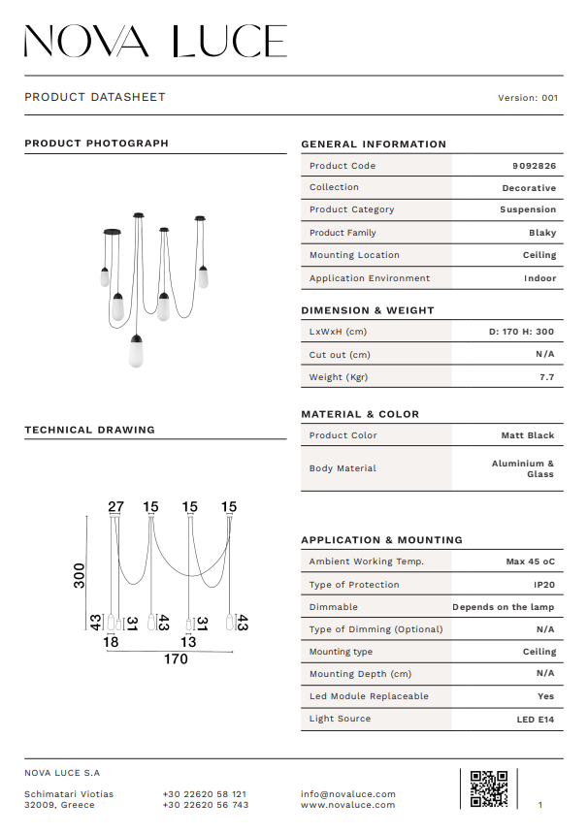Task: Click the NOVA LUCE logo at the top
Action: click(x=155, y=41)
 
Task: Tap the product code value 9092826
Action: click(x=534, y=166)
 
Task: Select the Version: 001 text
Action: click(x=528, y=98)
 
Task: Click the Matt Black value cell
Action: click(x=528, y=436)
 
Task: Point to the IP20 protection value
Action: click(x=544, y=585)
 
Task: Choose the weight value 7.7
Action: click(x=546, y=377)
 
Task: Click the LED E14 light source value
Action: click(x=536, y=720)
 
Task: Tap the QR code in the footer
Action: click(x=489, y=788)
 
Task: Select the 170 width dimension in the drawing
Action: click(x=176, y=659)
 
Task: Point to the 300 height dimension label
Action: click(x=81, y=575)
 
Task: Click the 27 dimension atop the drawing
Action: click(x=116, y=507)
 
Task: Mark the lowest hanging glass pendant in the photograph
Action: click(x=136, y=351)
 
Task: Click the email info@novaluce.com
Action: click(x=348, y=794)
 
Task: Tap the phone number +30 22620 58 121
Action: click(x=205, y=794)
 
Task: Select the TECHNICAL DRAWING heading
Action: click(x=89, y=430)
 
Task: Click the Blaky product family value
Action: click(x=542, y=233)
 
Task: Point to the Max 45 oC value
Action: click(x=530, y=561)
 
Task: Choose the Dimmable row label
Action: click(x=334, y=607)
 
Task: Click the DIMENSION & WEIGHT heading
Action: click(x=368, y=311)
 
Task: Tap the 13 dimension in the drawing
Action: click(x=188, y=642)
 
